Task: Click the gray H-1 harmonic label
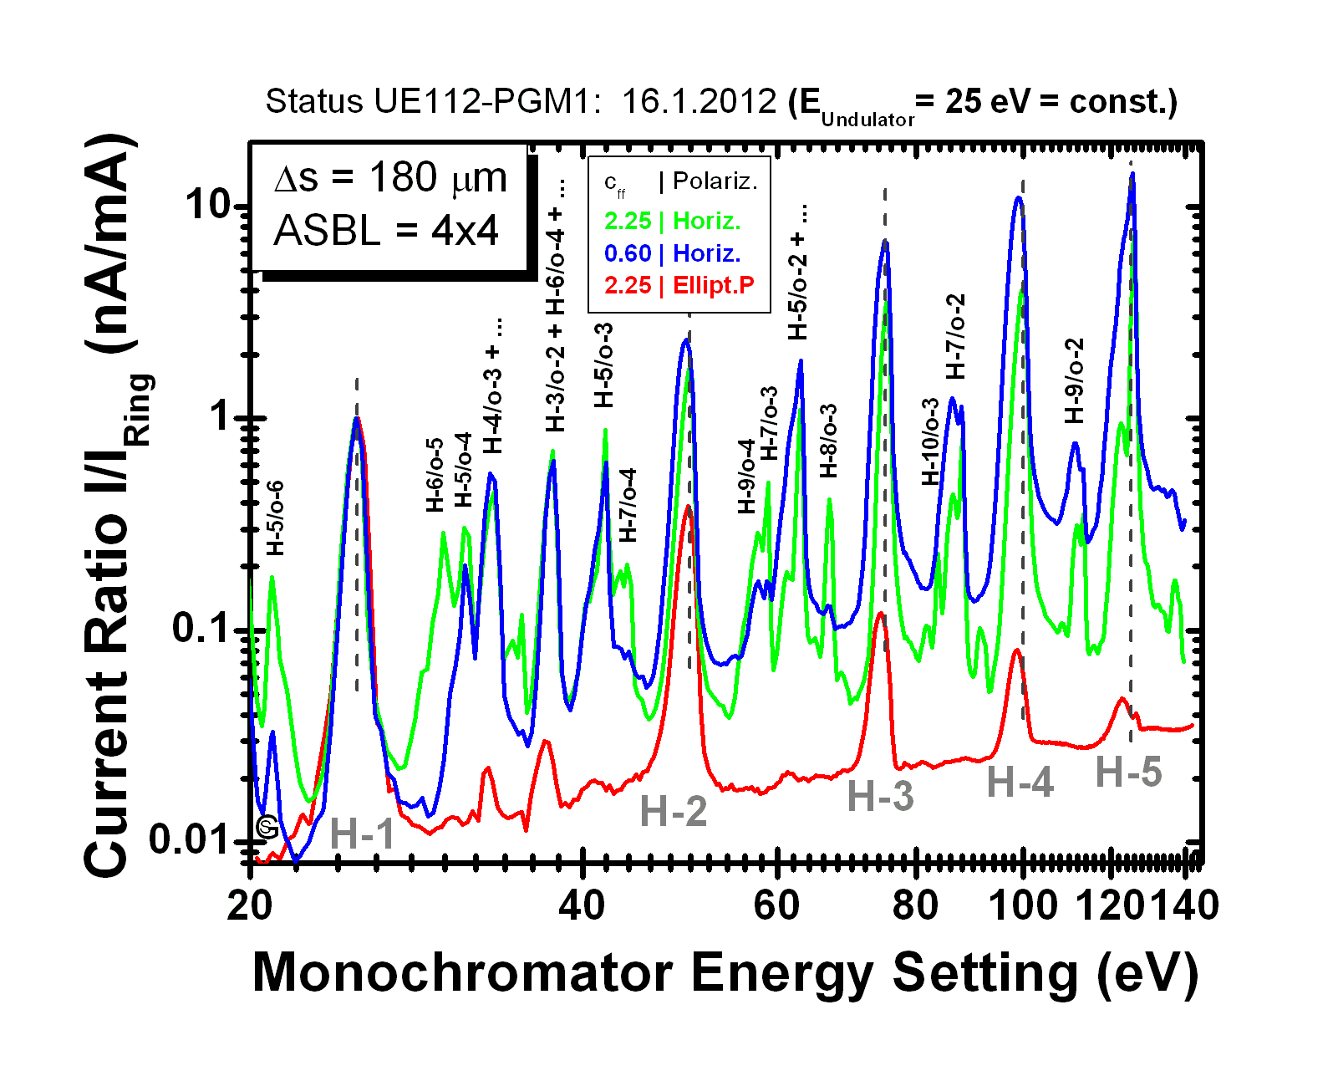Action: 362,834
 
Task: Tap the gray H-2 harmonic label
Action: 674,811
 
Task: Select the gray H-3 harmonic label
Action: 880,796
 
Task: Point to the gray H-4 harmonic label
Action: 1020,783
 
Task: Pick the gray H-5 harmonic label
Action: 1128,772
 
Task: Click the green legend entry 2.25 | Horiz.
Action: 672,221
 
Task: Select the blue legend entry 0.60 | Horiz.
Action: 672,253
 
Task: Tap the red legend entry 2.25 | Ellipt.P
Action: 679,285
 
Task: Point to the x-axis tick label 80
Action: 916,905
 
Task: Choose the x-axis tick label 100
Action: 1022,905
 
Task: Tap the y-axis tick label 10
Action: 207,204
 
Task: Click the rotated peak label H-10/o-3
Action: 930,441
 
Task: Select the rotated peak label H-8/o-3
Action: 827,440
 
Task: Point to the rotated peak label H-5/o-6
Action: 275,518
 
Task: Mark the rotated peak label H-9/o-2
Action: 1074,380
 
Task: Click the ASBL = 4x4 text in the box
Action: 386,231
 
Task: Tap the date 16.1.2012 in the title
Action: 699,102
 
